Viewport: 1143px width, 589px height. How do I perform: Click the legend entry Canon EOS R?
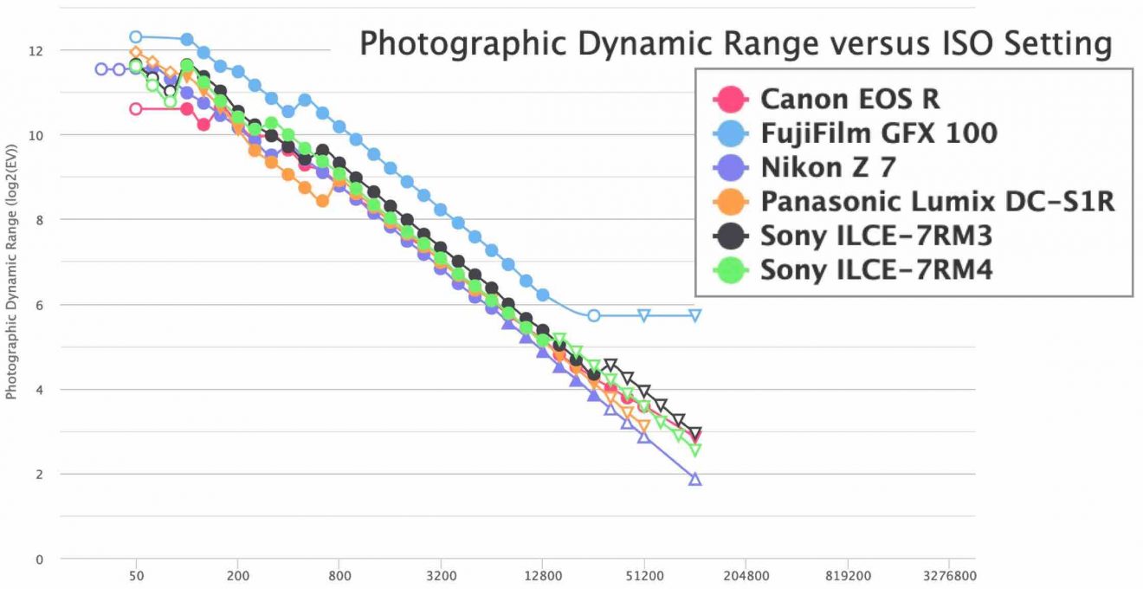pos(849,99)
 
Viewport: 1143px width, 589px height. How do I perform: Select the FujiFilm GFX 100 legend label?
pos(878,133)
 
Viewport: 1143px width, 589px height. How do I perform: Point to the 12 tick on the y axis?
pos(37,50)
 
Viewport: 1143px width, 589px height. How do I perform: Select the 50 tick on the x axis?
pos(135,574)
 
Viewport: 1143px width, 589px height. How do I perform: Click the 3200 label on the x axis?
pos(441,574)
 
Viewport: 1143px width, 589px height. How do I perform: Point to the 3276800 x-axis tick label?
pos(950,574)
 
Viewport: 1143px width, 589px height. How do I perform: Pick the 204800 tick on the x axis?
pos(746,574)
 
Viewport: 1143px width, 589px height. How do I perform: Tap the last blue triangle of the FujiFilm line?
pos(694,315)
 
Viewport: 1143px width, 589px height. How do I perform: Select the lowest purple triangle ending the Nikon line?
pos(694,479)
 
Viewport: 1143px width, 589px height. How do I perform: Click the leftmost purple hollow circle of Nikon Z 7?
pos(101,69)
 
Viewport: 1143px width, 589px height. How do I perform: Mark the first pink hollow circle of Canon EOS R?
pos(135,109)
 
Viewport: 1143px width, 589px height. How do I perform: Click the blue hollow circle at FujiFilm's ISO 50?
pos(135,37)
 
